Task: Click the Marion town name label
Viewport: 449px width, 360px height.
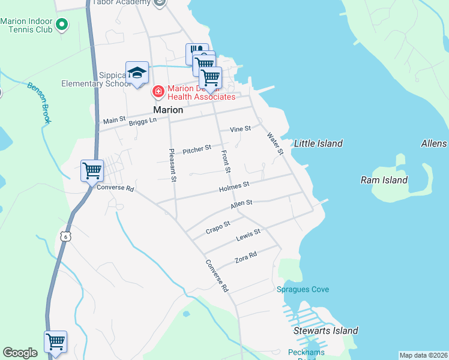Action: (168, 110)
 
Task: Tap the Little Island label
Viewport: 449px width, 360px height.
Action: (318, 143)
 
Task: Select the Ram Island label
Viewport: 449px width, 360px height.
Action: (384, 180)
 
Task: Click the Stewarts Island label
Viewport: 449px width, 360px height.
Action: (325, 331)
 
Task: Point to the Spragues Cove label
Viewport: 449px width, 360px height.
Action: (303, 290)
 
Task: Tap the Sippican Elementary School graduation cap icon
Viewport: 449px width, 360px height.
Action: (137, 73)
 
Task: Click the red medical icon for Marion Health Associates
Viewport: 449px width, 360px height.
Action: (158, 92)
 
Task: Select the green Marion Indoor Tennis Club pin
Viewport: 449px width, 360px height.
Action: (62, 25)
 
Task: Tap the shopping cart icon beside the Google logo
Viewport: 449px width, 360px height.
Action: (55, 341)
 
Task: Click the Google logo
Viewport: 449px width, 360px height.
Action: (20, 353)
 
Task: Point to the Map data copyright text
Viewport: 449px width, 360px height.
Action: (423, 355)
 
